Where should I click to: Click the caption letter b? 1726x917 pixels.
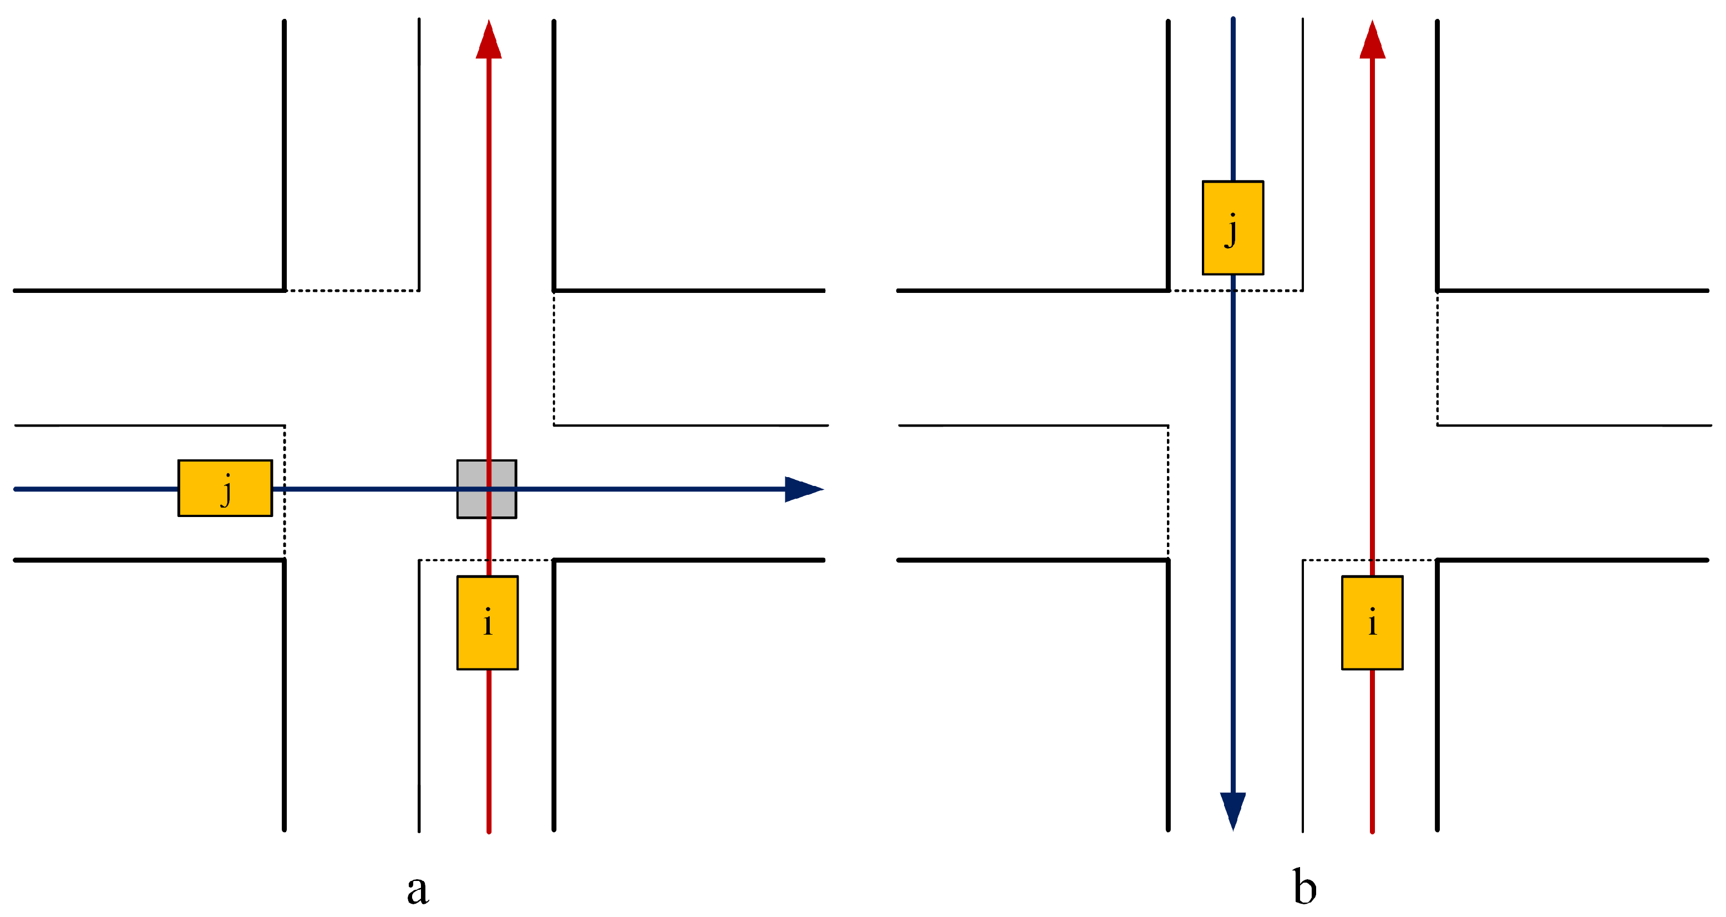point(1304,886)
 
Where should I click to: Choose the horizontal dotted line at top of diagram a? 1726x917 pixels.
point(352,290)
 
